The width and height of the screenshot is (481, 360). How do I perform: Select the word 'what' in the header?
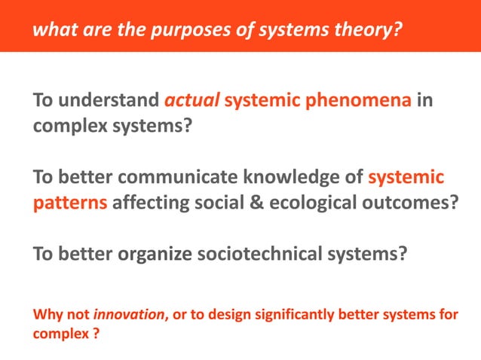[51, 30]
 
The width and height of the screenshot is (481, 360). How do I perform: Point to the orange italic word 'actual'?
[191, 100]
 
